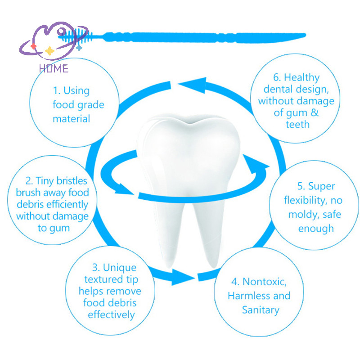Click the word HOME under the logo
54,68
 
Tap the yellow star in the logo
49,51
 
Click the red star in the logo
33,46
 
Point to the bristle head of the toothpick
76,36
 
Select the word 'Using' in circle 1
76,91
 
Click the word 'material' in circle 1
72,119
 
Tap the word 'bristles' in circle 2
72,181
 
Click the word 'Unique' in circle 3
120,268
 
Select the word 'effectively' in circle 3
111,315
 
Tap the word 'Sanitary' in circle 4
261,310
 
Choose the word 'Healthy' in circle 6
301,77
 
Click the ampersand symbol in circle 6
315,112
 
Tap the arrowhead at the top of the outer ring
195,85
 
